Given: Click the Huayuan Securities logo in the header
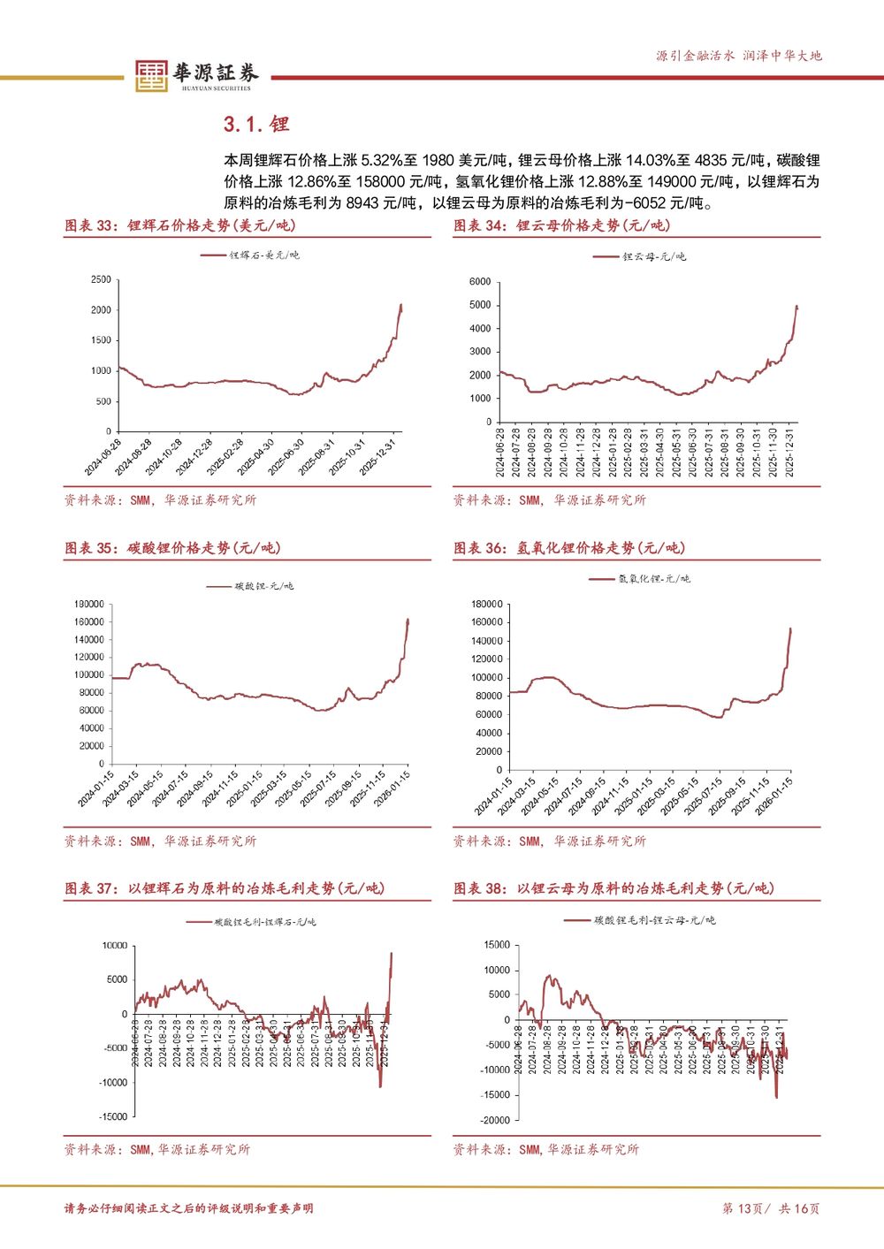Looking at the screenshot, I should [194, 75].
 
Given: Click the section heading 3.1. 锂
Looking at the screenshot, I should [256, 124].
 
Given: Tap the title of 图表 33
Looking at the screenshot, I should [180, 225].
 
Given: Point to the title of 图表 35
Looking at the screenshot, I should [172, 548].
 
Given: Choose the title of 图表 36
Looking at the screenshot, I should [569, 548].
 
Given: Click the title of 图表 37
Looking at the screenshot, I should [225, 888].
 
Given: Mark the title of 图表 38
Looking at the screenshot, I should [613, 888].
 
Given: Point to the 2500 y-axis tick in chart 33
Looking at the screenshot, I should [101, 279].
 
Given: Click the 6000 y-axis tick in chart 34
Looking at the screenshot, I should [480, 282].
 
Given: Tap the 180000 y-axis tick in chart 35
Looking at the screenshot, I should [88, 604].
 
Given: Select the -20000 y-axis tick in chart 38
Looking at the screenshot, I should [496, 1120].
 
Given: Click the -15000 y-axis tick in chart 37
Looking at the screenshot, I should [113, 1116].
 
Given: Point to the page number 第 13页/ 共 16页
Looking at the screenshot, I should [771, 1208].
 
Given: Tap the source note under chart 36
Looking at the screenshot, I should [549, 841].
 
